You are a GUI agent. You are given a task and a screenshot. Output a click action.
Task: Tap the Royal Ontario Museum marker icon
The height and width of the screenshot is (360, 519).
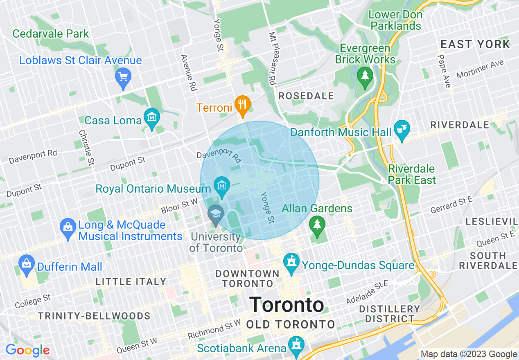(x=221, y=186)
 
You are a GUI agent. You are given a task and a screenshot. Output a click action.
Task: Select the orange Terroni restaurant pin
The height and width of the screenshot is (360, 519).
(x=243, y=104)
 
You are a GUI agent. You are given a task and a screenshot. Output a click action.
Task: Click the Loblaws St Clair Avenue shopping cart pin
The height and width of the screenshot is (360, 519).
(x=123, y=77)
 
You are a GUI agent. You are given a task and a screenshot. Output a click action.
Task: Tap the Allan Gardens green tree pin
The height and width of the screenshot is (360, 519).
(x=316, y=225)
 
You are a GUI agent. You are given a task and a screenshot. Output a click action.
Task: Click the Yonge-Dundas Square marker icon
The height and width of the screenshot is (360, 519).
(x=291, y=262)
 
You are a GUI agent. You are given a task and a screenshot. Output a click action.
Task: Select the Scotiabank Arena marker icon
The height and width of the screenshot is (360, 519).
(x=296, y=345)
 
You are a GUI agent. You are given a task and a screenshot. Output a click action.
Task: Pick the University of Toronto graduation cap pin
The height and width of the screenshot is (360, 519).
(x=215, y=214)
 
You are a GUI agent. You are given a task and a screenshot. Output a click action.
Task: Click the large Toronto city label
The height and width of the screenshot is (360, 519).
(x=287, y=305)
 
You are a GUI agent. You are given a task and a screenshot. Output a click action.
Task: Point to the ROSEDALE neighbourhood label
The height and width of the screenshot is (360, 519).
(x=306, y=96)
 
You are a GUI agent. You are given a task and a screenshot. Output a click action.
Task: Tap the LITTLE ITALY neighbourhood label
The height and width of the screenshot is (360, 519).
(x=131, y=281)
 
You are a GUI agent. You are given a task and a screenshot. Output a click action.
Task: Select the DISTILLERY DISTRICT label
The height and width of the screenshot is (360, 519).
(x=390, y=314)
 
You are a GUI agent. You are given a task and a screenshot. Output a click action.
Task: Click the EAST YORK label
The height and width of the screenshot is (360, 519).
(x=475, y=44)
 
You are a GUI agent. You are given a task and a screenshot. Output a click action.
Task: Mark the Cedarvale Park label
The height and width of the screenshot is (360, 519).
(x=51, y=34)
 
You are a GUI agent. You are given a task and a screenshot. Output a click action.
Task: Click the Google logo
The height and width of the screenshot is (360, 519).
(x=27, y=351)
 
